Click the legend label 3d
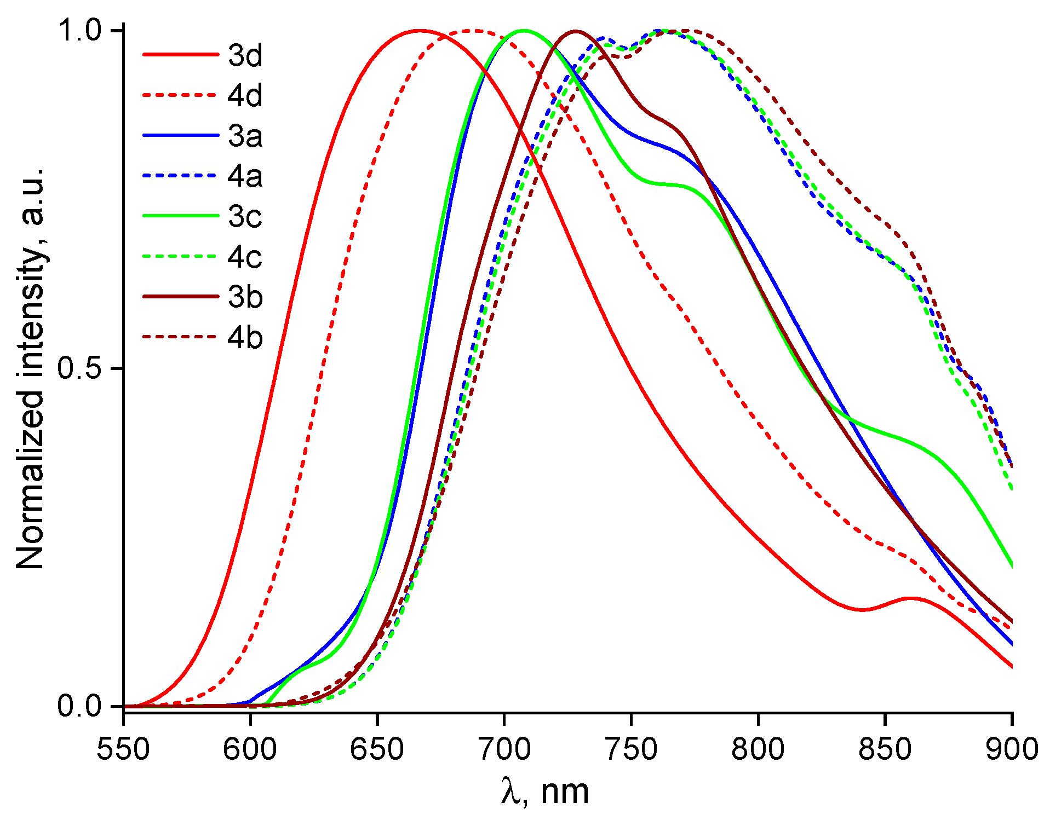click(x=245, y=55)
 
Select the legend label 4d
click(x=245, y=96)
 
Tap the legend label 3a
click(x=245, y=136)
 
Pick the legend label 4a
click(x=245, y=176)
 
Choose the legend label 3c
click(x=245, y=217)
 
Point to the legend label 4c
click(x=245, y=257)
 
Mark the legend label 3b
click(x=245, y=297)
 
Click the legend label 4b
click(x=245, y=338)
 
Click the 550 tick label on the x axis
click(x=123, y=748)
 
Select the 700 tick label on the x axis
click(x=504, y=748)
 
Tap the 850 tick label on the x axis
click(x=885, y=748)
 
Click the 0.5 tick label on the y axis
click(x=80, y=368)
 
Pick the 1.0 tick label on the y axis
click(x=80, y=31)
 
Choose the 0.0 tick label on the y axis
click(x=80, y=706)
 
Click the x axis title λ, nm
click(x=545, y=792)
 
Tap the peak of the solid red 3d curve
click(x=420, y=31)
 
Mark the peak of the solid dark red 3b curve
click(x=575, y=31)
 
